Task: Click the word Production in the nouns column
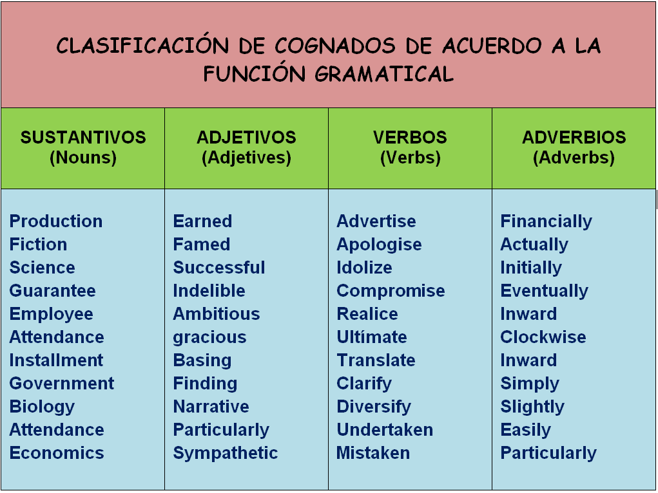point(56,221)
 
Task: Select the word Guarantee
point(52,290)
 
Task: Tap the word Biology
point(42,407)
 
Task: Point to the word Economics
point(57,452)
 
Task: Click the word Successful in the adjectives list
point(219,268)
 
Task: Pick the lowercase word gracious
point(210,338)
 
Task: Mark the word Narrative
point(211,407)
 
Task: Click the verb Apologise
point(379,245)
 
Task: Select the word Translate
point(376,360)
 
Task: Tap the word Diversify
point(374,407)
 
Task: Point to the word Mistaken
point(373,452)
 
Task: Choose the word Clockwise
point(543,337)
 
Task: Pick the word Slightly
point(532,407)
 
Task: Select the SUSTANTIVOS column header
point(83,138)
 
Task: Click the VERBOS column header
point(410,138)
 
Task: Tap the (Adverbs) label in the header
point(574,158)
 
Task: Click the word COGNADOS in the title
point(335,46)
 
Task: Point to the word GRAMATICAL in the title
point(384,74)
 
